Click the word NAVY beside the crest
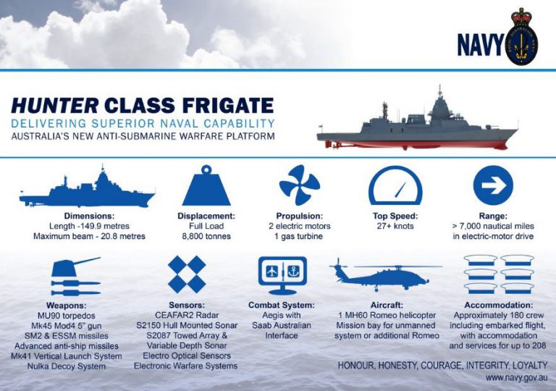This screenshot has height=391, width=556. (x=480, y=45)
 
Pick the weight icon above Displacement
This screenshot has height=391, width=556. (x=206, y=186)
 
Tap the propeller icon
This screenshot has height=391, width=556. (x=299, y=185)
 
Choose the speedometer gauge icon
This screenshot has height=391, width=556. (x=395, y=186)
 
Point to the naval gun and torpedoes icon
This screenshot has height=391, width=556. (x=75, y=277)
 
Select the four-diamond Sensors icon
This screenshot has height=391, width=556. (x=187, y=274)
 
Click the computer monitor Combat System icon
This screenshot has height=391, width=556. (x=282, y=275)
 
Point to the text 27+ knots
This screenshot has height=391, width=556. (x=395, y=226)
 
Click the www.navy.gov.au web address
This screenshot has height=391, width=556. (x=515, y=378)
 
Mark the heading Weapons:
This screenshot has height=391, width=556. (x=75, y=306)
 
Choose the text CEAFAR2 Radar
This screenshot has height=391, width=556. (x=187, y=316)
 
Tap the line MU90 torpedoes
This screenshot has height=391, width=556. (x=75, y=316)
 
